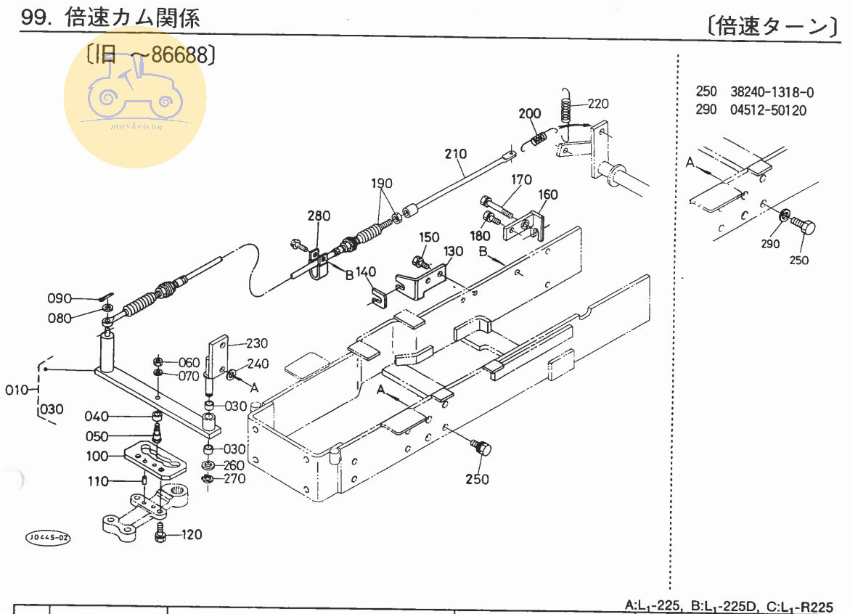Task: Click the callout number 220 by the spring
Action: (598, 104)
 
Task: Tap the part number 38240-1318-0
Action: (772, 92)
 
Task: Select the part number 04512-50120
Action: (768, 110)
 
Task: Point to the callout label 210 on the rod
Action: (456, 154)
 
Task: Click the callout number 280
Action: (319, 216)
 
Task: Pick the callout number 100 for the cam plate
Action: (97, 456)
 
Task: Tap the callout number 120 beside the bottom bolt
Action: (192, 535)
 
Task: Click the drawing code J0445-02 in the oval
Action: (49, 538)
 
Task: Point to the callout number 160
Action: (548, 195)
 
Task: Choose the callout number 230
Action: (257, 344)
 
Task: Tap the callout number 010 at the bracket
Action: (16, 390)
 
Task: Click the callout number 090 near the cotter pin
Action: (60, 298)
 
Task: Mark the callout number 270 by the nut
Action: (234, 478)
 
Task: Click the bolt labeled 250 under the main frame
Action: (481, 447)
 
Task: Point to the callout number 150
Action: (429, 237)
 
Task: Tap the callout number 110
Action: (98, 481)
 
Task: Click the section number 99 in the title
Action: (33, 18)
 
